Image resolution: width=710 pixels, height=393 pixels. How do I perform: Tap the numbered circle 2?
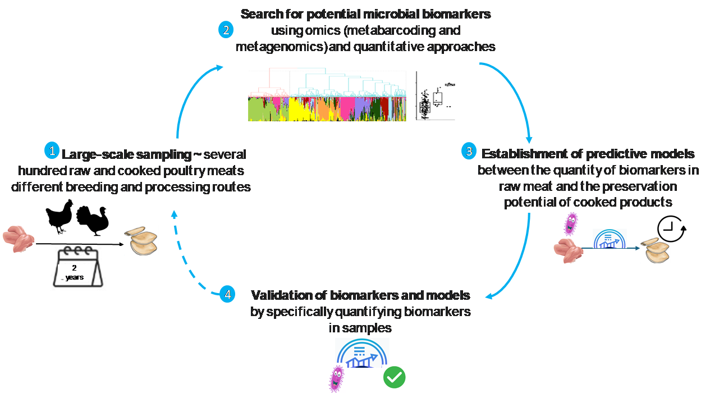(226, 30)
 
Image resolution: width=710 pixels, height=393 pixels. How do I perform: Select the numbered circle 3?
(468, 151)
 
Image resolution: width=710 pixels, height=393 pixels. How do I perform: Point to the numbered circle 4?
(227, 294)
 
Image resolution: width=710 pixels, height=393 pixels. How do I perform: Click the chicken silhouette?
(60, 217)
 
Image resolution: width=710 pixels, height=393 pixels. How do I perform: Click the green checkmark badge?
(394, 377)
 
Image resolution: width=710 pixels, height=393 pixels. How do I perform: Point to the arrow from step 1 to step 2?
(188, 95)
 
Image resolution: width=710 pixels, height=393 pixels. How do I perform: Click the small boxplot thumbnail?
(435, 95)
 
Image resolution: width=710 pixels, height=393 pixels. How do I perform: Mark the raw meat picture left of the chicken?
(18, 239)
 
